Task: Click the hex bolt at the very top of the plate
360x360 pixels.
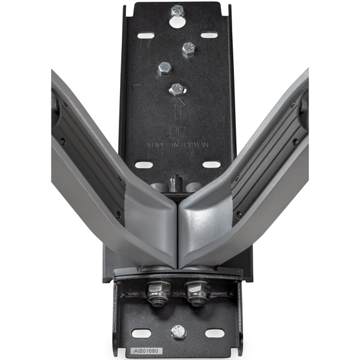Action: tap(178, 10)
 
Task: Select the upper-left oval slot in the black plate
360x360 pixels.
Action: tap(146, 36)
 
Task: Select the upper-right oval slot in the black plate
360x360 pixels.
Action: tap(209, 35)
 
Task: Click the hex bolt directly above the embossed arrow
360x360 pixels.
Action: tap(176, 89)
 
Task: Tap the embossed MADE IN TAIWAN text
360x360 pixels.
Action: tap(178, 145)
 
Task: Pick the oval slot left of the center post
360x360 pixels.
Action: tap(144, 165)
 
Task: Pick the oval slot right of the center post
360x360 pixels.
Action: tap(211, 164)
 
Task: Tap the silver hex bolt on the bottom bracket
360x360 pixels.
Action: tap(178, 331)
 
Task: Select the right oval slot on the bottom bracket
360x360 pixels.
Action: tap(214, 333)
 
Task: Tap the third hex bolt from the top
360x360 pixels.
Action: tap(165, 68)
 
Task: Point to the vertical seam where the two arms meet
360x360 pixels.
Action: tap(178, 234)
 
